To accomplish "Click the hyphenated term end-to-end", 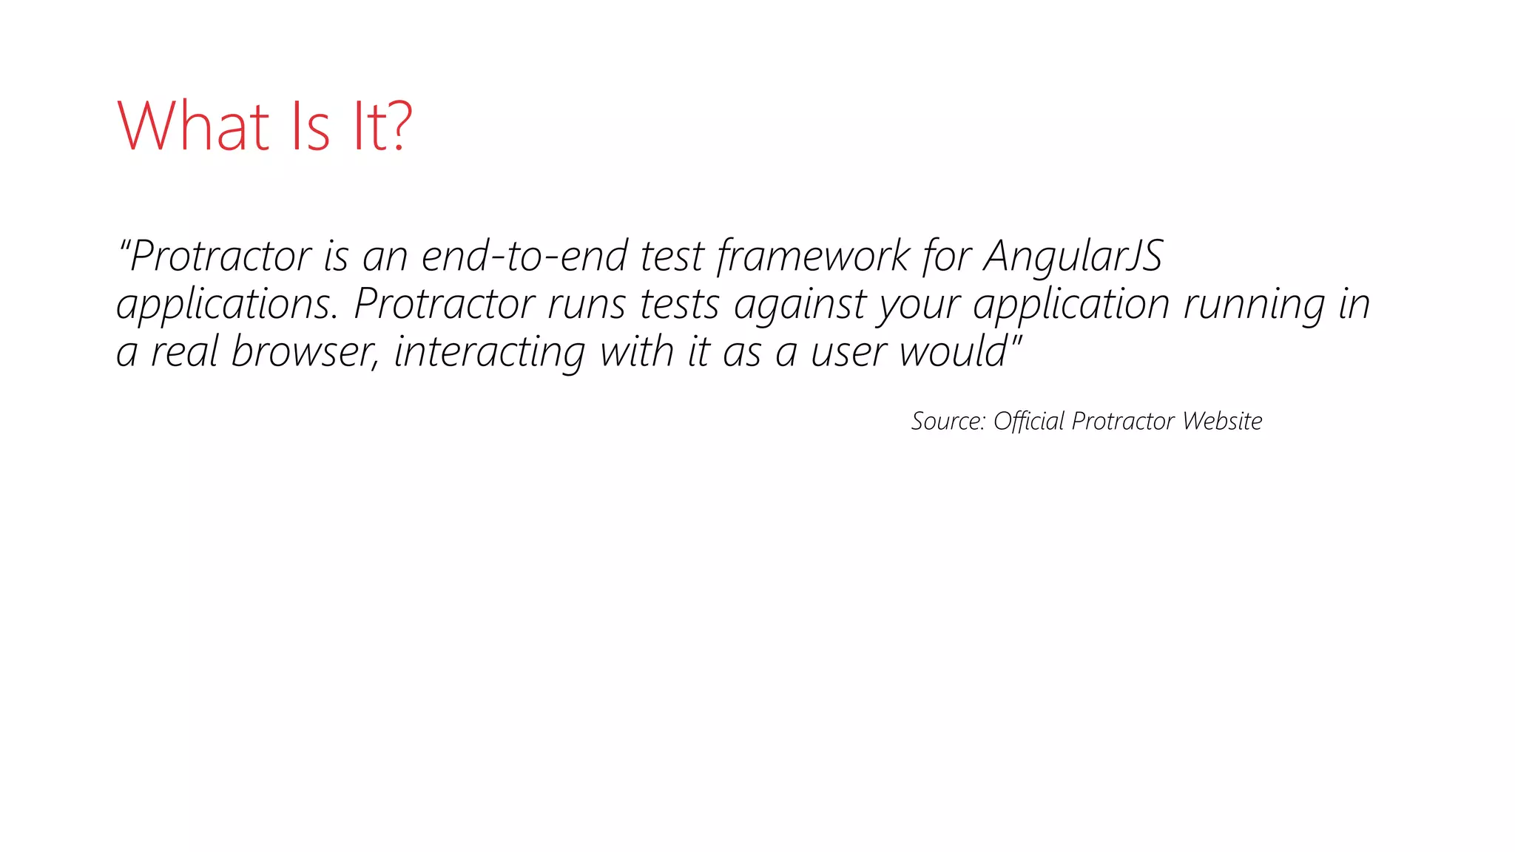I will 524,256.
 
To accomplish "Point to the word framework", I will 813,256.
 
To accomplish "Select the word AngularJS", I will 1073,256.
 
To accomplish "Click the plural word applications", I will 227,305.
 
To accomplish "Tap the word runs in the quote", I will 586,305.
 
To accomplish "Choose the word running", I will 1254,305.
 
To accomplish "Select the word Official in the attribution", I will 1029,421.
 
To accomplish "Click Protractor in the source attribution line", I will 1123,421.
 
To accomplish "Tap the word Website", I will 1222,421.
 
